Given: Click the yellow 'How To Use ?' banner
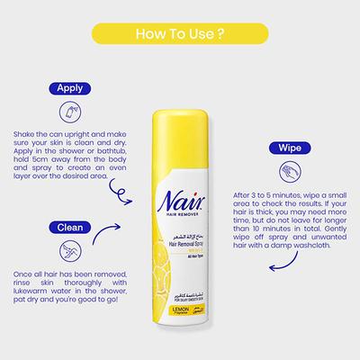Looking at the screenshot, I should (179, 35).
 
